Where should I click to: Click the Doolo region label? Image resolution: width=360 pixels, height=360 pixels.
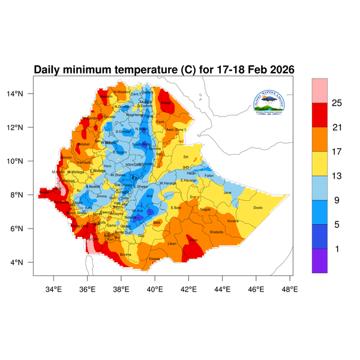pos(259,208)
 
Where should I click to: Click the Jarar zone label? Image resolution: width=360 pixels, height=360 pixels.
pos(227,193)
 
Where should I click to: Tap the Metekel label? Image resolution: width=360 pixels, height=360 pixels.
pos(83,144)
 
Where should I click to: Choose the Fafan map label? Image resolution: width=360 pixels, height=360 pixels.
pos(209,175)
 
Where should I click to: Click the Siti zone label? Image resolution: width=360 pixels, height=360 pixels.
pos(185,157)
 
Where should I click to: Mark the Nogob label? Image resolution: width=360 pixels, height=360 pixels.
pos(205,209)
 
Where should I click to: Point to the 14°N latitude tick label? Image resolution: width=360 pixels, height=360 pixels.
pos(23,94)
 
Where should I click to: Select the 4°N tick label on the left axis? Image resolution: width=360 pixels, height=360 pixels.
pos(25,263)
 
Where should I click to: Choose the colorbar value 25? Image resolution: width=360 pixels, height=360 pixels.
pos(337,103)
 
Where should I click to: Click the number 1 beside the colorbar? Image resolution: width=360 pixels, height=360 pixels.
pos(337,248)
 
